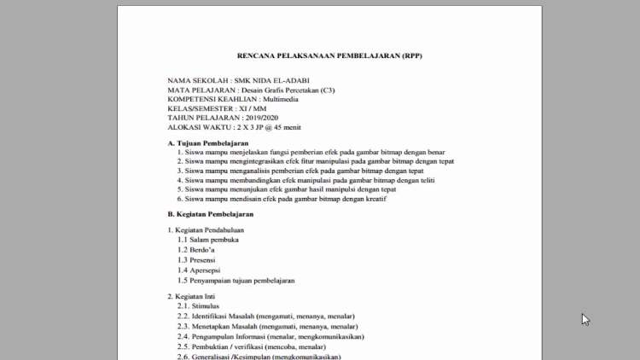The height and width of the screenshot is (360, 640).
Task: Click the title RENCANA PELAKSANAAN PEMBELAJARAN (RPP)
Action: point(329,55)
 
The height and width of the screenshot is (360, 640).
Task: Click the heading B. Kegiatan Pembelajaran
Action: point(210,214)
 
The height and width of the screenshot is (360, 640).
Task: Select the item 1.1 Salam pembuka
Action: point(208,240)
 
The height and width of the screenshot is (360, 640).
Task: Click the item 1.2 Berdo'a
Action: point(197,250)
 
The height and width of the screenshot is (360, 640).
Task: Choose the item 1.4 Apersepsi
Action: point(200,270)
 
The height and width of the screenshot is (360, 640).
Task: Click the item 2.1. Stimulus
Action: point(198,305)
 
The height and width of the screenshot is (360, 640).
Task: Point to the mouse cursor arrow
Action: point(585,319)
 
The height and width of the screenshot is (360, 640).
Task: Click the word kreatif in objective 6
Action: point(373,200)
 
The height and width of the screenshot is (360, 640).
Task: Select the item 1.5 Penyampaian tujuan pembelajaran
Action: point(236,281)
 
